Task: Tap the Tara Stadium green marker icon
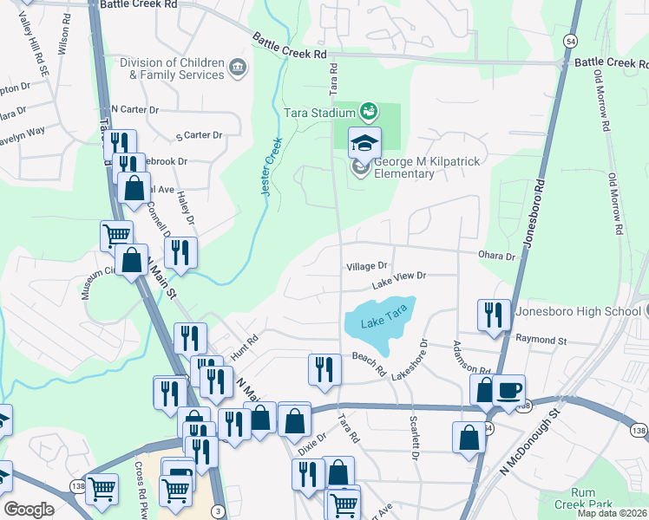pyautogui.click(x=369, y=111)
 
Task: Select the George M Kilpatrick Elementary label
pyautogui.click(x=404, y=167)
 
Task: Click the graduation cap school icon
pyautogui.click(x=365, y=142)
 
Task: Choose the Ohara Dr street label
pyautogui.click(x=496, y=257)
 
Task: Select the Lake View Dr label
pyautogui.click(x=400, y=279)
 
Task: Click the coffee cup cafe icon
pyautogui.click(x=509, y=391)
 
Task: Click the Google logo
pyautogui.click(x=29, y=510)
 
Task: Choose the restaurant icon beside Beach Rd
pyautogui.click(x=324, y=369)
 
